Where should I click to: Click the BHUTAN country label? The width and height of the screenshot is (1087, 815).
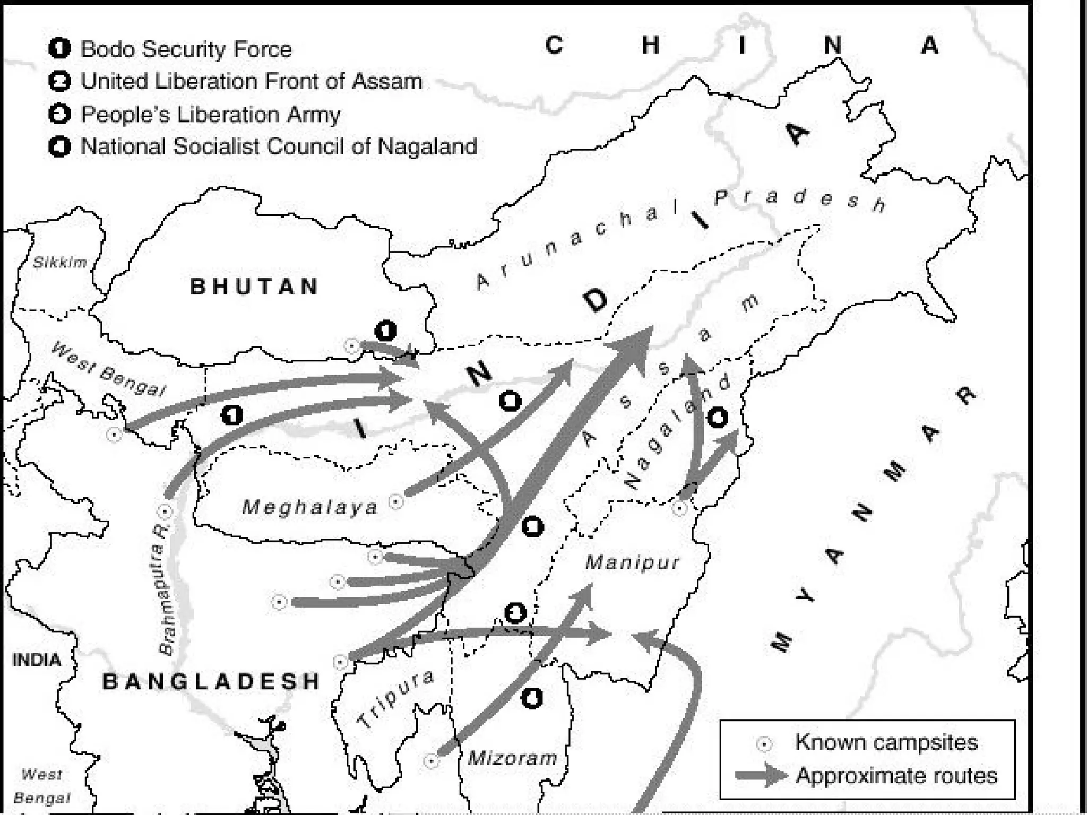pyautogui.click(x=254, y=287)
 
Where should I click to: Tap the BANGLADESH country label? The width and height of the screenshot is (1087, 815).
pyautogui.click(x=211, y=681)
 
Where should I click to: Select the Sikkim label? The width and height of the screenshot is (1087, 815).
pyautogui.click(x=60, y=262)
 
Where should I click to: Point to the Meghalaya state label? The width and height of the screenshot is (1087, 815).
pyautogui.click(x=310, y=507)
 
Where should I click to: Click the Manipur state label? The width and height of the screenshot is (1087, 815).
pyautogui.click(x=632, y=562)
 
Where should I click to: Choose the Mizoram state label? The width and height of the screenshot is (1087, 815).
pyautogui.click(x=512, y=758)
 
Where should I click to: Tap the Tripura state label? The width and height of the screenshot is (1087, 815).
pyautogui.click(x=395, y=699)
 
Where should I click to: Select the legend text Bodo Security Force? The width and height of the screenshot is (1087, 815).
pyautogui.click(x=186, y=49)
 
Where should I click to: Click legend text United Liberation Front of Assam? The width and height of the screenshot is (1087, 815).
pyautogui.click(x=251, y=82)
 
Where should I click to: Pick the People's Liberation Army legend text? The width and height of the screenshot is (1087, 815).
pyautogui.click(x=210, y=115)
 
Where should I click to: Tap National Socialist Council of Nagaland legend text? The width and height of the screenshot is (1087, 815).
pyautogui.click(x=279, y=146)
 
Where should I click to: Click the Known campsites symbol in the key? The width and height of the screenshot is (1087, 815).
pyautogui.click(x=764, y=744)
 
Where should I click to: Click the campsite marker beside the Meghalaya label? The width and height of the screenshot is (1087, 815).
pyautogui.click(x=396, y=501)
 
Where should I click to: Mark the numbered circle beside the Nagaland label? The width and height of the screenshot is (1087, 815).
pyautogui.click(x=717, y=418)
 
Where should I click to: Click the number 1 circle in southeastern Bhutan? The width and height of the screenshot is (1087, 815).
pyautogui.click(x=386, y=331)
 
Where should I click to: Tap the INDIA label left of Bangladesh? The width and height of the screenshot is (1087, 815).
pyautogui.click(x=36, y=660)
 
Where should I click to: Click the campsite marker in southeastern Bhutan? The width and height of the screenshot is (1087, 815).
pyautogui.click(x=351, y=346)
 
